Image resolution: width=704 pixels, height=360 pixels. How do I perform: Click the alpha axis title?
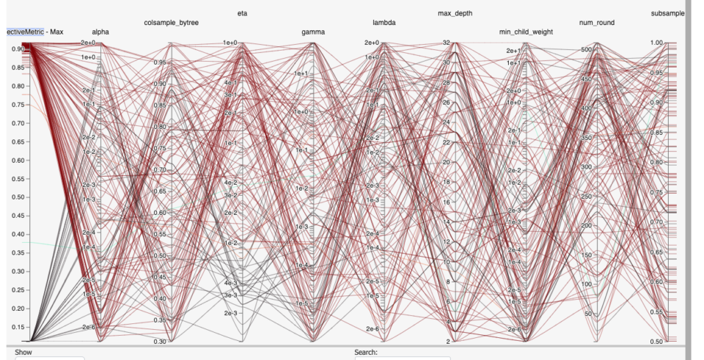tap(100, 32)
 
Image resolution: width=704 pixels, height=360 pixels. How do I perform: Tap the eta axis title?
tap(242, 13)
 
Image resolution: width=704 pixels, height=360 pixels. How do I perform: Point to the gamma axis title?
tap(313, 32)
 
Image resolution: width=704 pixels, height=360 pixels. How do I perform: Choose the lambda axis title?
tap(384, 23)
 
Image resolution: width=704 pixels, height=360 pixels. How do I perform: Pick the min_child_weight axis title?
tap(526, 32)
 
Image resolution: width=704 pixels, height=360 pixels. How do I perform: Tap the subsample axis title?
tap(667, 13)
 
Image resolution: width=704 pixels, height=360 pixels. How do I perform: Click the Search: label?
tap(366, 353)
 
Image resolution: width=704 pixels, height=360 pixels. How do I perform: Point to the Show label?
tap(23, 353)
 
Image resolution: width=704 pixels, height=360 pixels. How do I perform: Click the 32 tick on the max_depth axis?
tap(445, 43)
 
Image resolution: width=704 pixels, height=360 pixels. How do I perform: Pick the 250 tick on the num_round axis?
tap(585, 196)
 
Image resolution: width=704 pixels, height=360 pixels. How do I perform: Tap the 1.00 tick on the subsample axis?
tap(656, 43)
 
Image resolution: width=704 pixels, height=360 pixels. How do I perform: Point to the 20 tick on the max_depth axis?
tap(445, 162)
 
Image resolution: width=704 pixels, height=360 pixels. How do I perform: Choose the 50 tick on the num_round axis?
tap(587, 313)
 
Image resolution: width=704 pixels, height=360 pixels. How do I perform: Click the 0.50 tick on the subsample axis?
tap(656, 342)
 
